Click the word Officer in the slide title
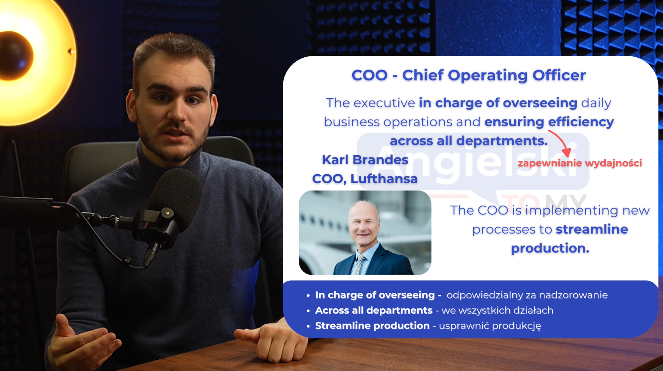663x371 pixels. point(559,75)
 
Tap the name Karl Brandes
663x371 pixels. point(365,160)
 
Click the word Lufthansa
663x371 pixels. point(384,179)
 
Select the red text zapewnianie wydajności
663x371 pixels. point(580,163)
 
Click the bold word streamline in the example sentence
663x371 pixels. point(592,229)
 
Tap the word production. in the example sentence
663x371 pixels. point(550,248)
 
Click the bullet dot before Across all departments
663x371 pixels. point(308,311)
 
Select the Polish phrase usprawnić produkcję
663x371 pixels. point(490,326)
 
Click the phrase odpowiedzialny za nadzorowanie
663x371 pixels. point(527,295)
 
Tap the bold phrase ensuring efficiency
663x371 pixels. point(549,122)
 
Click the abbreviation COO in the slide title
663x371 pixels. point(370,75)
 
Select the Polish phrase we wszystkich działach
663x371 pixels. point(498,311)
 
